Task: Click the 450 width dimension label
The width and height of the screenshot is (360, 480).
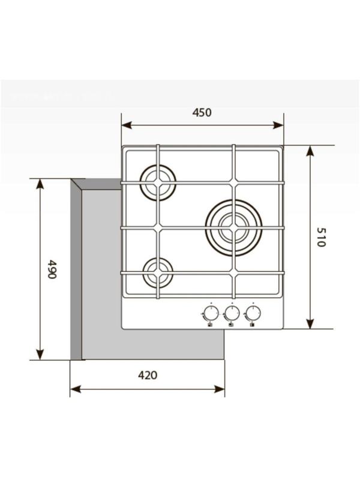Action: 202,112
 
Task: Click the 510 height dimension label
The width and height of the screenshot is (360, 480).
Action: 320,238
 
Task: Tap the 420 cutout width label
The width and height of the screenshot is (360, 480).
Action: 147,376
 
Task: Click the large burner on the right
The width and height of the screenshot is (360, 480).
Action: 233,227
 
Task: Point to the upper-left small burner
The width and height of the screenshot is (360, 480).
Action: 158,182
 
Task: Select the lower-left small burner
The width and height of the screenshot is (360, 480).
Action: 158,273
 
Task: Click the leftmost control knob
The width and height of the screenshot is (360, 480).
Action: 211,313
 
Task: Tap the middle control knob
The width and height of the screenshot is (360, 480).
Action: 232,313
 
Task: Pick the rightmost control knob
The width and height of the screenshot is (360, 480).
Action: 253,313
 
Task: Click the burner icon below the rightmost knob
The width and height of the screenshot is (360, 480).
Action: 251,325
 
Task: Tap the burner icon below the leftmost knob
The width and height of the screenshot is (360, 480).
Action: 209,325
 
